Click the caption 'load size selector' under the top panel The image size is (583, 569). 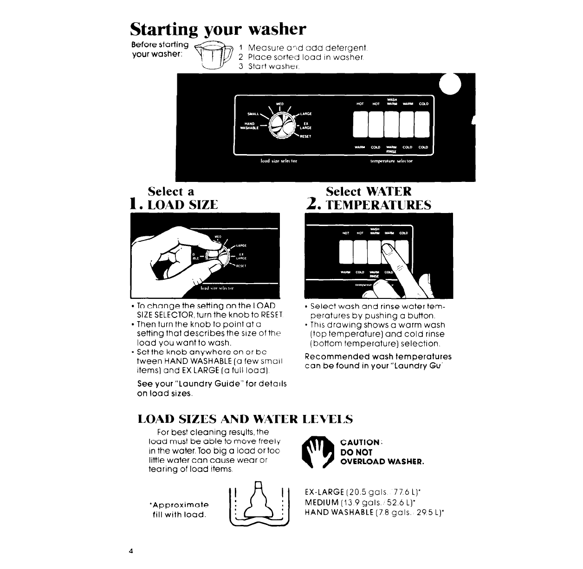279,161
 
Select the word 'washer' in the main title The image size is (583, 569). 278,29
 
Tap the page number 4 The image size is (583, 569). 132,551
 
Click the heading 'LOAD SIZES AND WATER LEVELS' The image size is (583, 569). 246,419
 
